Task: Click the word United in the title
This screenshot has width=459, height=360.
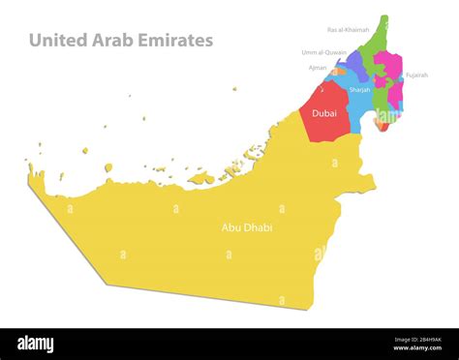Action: [x=56, y=41]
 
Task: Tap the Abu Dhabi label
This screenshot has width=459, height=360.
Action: [x=247, y=227]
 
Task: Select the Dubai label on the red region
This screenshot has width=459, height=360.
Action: [x=324, y=114]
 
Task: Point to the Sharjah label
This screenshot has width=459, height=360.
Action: [x=359, y=90]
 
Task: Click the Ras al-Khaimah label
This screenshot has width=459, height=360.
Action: [x=348, y=30]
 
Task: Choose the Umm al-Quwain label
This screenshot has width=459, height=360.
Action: [x=323, y=52]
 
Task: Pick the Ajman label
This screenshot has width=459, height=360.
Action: [x=318, y=68]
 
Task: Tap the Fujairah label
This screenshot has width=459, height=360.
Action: [x=416, y=75]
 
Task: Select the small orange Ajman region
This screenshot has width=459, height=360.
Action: [x=338, y=72]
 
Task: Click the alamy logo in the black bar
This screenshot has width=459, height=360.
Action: [x=36, y=345]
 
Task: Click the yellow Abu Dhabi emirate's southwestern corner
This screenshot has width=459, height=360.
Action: [x=106, y=283]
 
